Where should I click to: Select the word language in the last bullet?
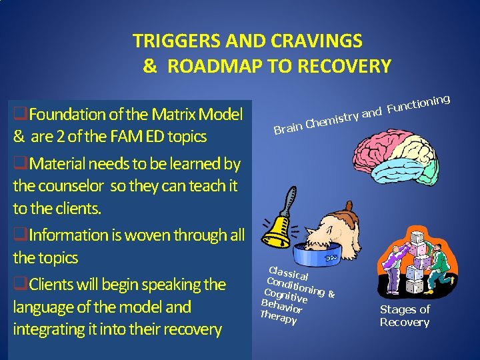[43, 307]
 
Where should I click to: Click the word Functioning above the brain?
[419, 104]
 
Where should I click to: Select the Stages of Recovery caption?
[405, 316]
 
